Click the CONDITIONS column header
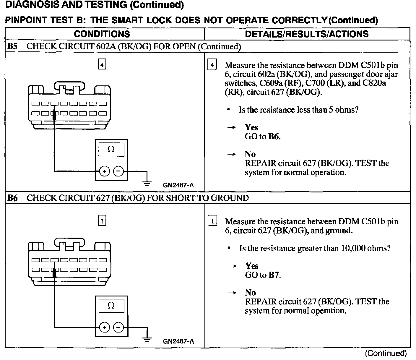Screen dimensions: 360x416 coord(102,34)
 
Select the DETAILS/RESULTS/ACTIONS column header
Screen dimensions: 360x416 coord(307,34)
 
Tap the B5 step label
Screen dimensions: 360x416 coord(12,46)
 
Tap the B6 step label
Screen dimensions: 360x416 coord(12,198)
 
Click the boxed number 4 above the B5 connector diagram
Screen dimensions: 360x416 coord(102,64)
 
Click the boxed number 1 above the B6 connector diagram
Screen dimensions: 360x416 coord(102,221)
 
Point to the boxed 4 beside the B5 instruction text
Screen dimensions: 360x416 coord(212,65)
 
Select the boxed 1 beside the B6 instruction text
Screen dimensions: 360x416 coord(212,221)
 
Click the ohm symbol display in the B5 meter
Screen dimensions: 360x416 coord(111,150)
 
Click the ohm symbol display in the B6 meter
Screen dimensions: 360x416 coord(111,306)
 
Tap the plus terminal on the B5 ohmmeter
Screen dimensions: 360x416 coord(105,171)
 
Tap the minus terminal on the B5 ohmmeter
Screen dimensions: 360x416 coord(118,171)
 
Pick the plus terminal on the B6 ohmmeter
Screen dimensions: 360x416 coord(105,327)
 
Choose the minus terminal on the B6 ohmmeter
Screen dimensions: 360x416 coord(118,327)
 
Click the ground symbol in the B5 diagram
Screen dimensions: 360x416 coord(147,183)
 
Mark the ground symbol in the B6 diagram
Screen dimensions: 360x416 coord(147,339)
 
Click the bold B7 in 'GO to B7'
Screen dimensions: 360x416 coord(274,275)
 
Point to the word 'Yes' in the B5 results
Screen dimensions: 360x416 coord(251,127)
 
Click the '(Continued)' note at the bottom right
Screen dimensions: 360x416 coord(386,353)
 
